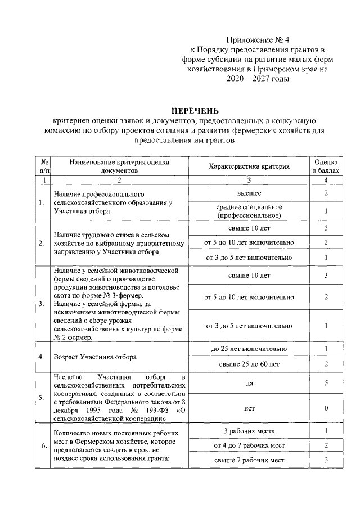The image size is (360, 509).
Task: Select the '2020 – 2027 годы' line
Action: tap(258, 80)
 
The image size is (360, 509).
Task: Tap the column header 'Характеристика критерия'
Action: tap(249, 166)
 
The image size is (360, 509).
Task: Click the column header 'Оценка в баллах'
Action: tap(326, 165)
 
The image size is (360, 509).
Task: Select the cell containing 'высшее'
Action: tap(249, 193)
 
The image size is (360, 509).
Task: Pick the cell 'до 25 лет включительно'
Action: tap(249, 349)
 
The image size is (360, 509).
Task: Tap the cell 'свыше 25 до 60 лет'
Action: tap(249, 364)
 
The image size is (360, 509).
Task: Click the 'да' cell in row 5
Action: tap(249, 384)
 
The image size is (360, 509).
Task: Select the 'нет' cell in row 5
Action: tap(249, 409)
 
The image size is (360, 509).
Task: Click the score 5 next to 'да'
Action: tap(326, 384)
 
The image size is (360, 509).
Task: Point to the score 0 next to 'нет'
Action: tap(326, 409)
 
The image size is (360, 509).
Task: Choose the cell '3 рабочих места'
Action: tap(249, 431)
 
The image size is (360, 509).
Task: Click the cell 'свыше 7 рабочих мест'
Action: tap(249, 460)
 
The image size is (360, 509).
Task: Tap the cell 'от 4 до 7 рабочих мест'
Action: tap(249, 445)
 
